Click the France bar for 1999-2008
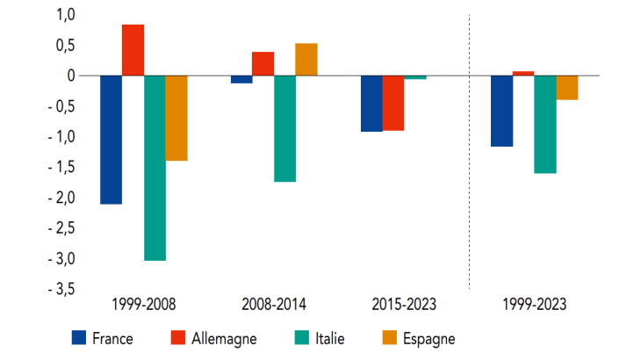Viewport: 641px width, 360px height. pos(112,140)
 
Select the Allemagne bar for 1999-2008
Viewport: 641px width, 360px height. pos(133,50)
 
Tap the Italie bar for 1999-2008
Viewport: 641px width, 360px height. pos(155,168)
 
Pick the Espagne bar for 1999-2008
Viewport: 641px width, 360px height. pos(176,118)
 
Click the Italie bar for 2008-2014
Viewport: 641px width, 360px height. pos(284,128)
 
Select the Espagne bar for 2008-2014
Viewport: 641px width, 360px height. pos(306,60)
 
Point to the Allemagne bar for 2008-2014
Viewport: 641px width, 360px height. pos(263,64)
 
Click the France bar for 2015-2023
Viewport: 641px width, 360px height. pos(371,104)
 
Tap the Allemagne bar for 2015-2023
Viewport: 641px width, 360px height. pos(393,103)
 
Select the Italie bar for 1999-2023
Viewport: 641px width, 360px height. pos(544,124)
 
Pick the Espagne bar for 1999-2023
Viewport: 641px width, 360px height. pos(566,88)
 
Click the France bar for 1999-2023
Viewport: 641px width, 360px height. pos(501,111)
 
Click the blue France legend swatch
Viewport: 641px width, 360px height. pos(80,337)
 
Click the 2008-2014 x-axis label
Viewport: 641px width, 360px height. pos(273,306)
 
